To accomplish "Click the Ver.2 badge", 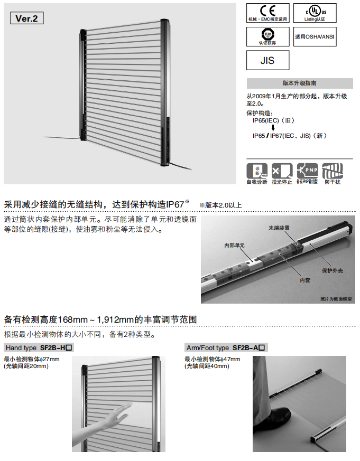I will pos(26,18).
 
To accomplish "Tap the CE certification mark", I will pos(267,13).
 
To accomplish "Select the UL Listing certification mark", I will pos(315,13).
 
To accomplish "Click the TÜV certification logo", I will pos(267,36).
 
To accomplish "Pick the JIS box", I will pos(268,61).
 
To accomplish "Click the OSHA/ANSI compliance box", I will pos(315,36).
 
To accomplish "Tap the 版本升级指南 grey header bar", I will pos(300,83).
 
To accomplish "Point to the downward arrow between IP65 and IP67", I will pos(272,128).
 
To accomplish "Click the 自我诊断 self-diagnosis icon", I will pos(257,171).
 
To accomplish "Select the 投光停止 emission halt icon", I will pos(282,171).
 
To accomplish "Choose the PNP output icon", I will pos(307,171).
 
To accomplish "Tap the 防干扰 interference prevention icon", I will pos(332,171).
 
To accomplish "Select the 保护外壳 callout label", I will pos(333,270).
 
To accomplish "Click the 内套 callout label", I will pos(304,281).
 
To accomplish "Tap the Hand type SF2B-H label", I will pos(38,348).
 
